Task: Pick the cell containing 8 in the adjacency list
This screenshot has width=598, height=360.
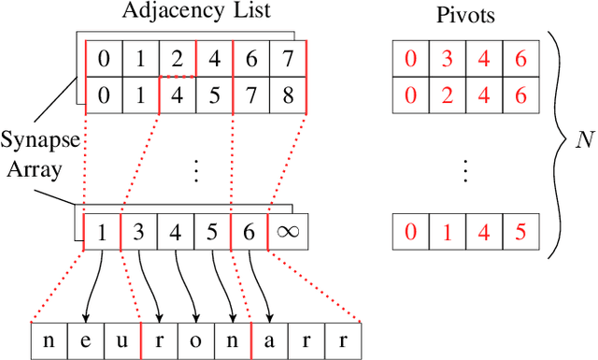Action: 287,94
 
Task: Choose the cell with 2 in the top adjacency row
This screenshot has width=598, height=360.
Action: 178,59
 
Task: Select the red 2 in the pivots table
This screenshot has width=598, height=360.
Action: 447,94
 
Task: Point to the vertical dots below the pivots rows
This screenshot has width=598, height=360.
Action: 464,171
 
